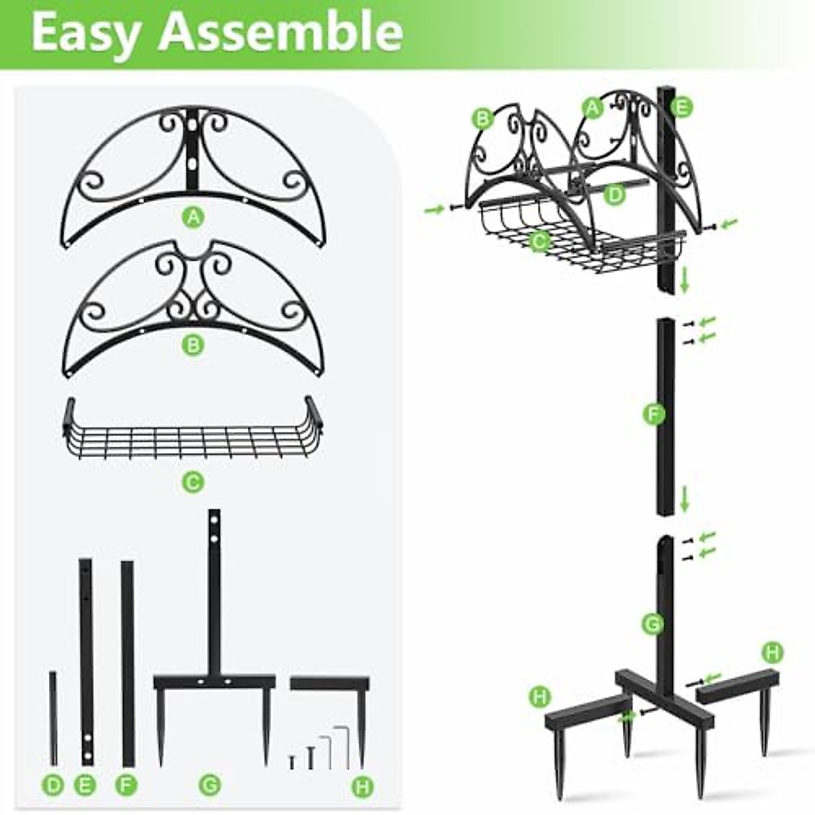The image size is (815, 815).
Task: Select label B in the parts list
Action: point(193,345)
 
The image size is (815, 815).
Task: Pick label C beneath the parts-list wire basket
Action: point(194,482)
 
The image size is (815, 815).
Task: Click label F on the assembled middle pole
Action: point(653,414)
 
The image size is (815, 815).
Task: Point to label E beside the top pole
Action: point(682,108)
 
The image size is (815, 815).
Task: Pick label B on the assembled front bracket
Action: point(483,119)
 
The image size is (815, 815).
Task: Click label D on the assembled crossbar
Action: point(615,194)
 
